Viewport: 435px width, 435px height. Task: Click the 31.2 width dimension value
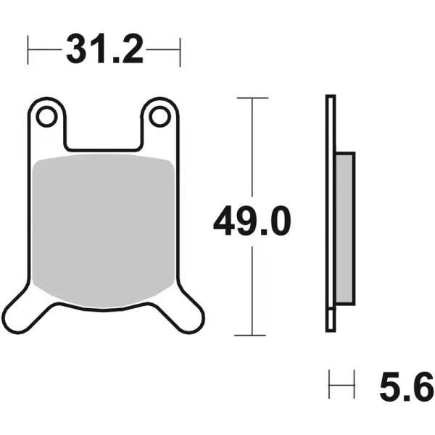(x=104, y=50)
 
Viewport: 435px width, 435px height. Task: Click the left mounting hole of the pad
(x=47, y=115)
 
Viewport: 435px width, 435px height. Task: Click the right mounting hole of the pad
(x=160, y=115)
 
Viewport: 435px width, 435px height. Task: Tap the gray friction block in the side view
(x=345, y=228)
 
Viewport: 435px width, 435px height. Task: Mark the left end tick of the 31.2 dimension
(x=28, y=50)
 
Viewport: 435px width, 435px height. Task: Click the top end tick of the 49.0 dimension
(x=252, y=97)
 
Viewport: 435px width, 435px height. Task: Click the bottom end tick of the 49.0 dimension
(x=252, y=335)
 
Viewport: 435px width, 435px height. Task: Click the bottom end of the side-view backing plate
(x=331, y=328)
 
